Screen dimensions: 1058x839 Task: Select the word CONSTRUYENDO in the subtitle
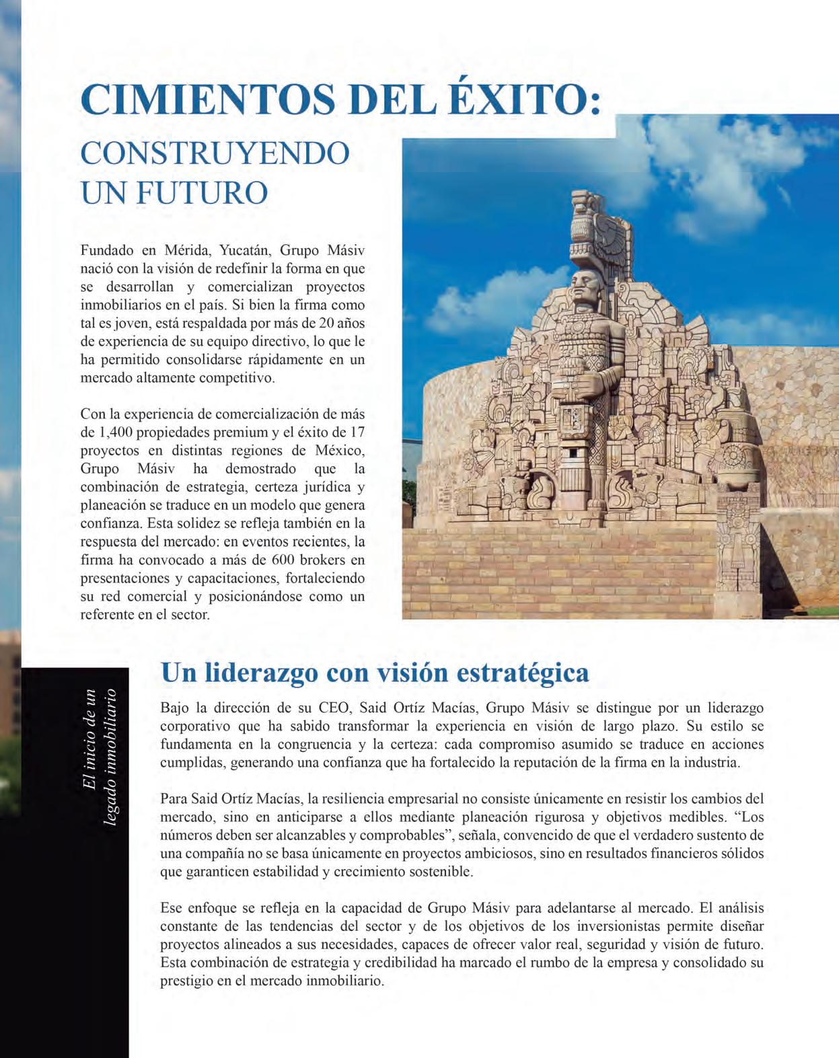point(215,153)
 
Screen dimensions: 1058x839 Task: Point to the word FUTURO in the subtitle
point(203,192)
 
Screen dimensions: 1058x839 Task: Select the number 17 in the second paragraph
point(357,432)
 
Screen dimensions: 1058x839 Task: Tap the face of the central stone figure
point(582,288)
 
